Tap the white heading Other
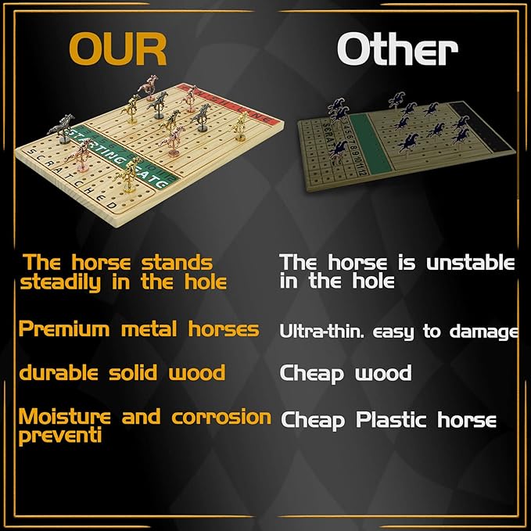click(396, 50)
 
